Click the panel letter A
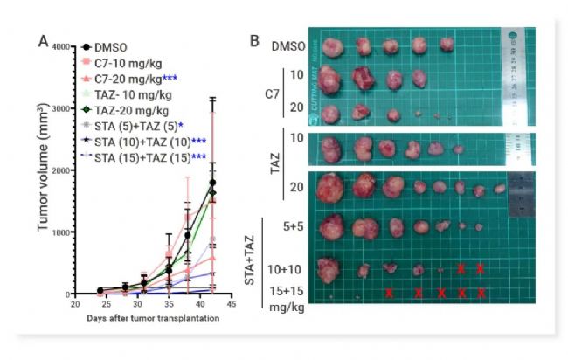click(42, 40)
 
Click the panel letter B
click(254, 40)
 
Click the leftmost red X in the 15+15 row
click(390, 293)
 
